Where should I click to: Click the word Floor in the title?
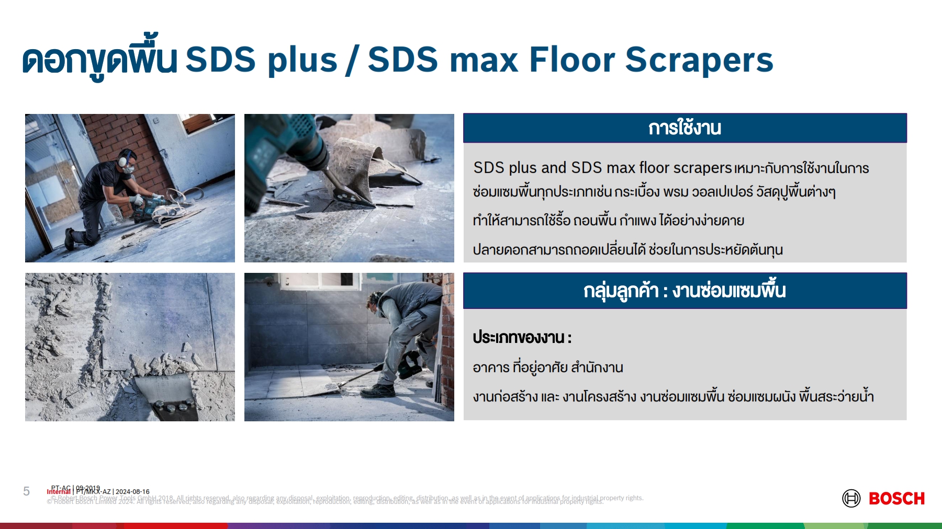coord(571,60)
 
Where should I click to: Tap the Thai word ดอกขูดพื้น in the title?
coord(99,60)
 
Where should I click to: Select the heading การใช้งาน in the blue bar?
coord(685,128)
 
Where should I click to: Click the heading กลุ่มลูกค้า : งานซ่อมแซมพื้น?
coord(685,291)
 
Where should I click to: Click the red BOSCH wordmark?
coord(896,499)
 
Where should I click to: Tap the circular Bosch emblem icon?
coord(851,499)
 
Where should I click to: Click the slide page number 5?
coord(27,491)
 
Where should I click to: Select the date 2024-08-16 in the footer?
coord(132,492)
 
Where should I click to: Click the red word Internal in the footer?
coord(59,492)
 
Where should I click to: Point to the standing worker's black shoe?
coord(381,390)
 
